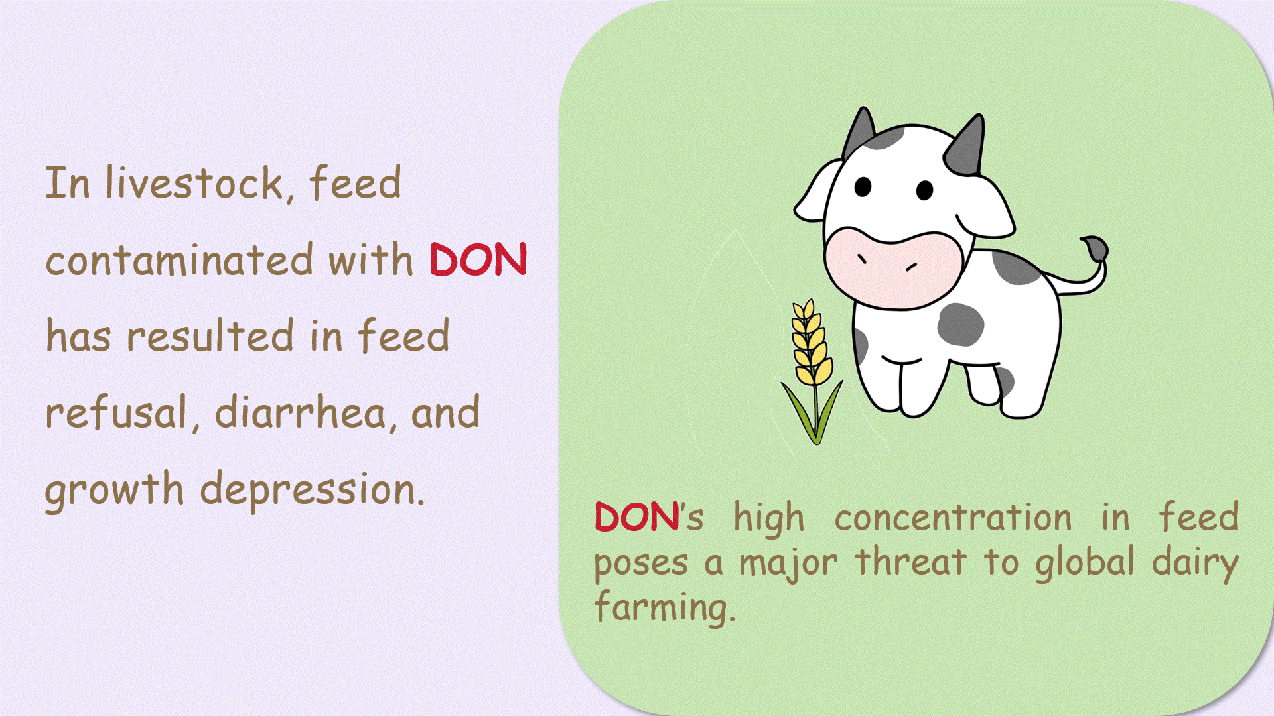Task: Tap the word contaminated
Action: (179, 259)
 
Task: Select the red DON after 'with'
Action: (478, 259)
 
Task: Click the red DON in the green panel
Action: (636, 517)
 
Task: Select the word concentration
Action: (953, 517)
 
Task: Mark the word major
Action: (788, 564)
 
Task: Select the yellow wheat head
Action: (811, 342)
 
